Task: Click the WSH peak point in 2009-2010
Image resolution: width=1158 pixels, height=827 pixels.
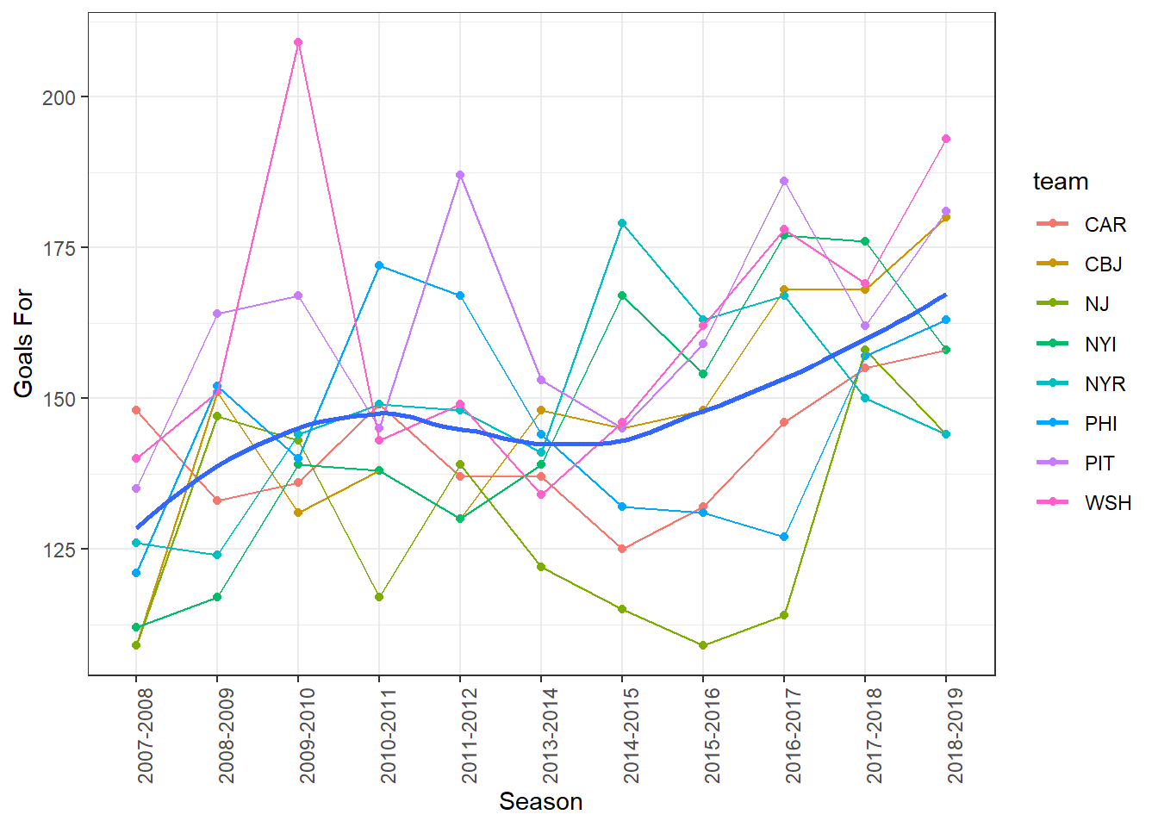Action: click(x=298, y=42)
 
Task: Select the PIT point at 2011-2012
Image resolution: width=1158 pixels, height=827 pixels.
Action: click(x=460, y=175)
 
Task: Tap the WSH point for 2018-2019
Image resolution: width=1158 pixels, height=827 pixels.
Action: click(x=946, y=139)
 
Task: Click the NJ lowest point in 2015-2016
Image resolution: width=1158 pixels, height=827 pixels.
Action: click(x=703, y=645)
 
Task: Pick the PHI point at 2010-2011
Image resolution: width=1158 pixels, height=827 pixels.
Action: click(x=379, y=265)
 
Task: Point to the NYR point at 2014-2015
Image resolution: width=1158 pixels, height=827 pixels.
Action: click(x=622, y=223)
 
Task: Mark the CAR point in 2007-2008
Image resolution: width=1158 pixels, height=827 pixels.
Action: click(x=136, y=410)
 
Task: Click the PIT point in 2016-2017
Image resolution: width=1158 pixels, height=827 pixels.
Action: click(x=784, y=181)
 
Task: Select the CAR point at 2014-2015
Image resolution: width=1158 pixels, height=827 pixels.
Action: click(x=622, y=549)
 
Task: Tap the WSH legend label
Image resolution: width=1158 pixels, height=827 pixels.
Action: click(x=1107, y=503)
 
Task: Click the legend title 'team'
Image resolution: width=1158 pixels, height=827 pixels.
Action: click(x=1061, y=182)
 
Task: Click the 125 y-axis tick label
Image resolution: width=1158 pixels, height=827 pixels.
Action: click(x=59, y=549)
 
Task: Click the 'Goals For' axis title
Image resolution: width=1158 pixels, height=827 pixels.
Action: click(x=23, y=343)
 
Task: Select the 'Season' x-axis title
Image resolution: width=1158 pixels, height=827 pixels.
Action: click(x=541, y=802)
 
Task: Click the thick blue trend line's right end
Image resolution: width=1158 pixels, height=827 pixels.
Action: click(x=945, y=295)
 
